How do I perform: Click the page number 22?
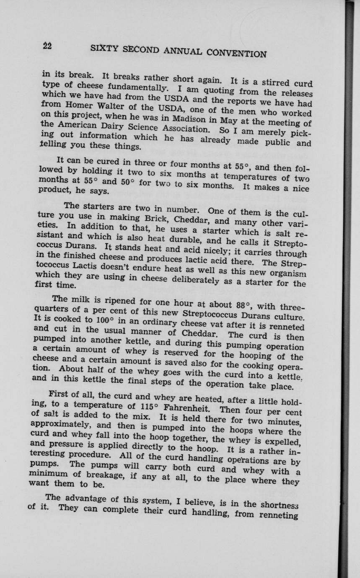pos(47,46)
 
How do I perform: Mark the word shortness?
pos(279,505)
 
